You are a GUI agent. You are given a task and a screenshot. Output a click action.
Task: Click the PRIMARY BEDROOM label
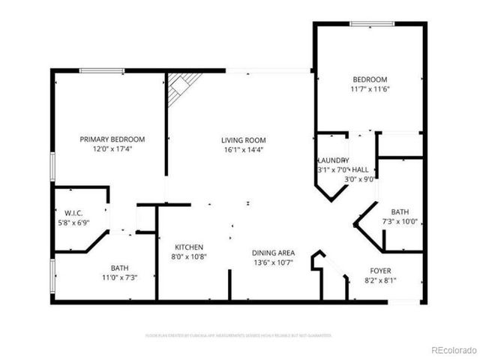pos(112,139)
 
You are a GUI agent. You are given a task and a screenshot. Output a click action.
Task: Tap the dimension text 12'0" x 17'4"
pos(112,148)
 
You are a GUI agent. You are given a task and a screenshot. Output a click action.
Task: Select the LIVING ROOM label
pos(243,140)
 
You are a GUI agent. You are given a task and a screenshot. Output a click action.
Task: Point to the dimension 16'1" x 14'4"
pos(243,149)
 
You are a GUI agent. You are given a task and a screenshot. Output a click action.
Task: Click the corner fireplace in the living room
pos(180,85)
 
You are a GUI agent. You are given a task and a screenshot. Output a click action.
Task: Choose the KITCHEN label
pos(189,247)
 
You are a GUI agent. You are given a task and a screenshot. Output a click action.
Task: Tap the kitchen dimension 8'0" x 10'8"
pos(189,256)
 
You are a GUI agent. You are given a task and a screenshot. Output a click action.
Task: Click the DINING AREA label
pos(272,253)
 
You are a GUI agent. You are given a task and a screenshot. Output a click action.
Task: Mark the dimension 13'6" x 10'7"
pos(272,262)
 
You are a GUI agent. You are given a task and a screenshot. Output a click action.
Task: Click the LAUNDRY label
pos(332,160)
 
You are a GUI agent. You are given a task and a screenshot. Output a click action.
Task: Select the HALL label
pos(360,170)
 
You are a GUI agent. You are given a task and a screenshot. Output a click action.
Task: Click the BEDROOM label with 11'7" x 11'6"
pos(370,79)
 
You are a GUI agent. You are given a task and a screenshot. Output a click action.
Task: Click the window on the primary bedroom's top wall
pos(102,70)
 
